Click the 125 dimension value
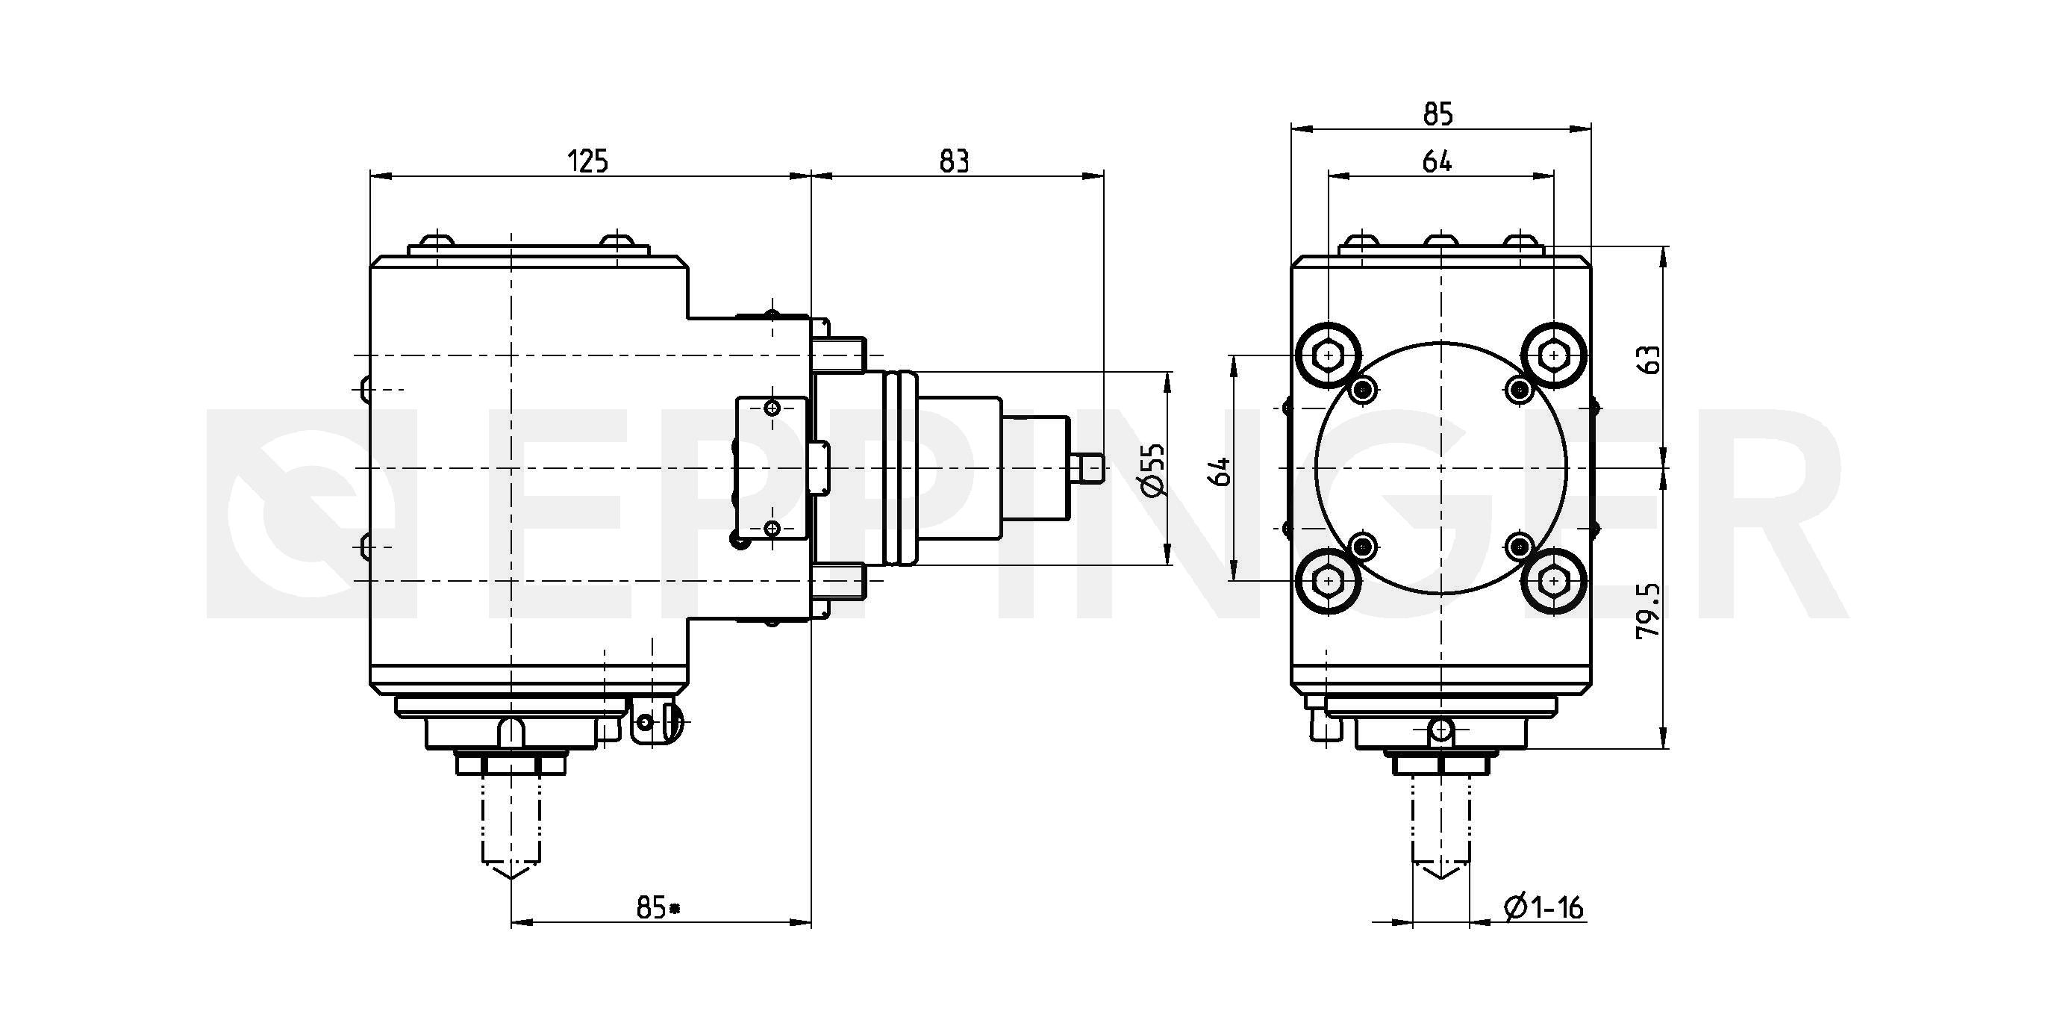tap(587, 161)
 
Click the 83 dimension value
tap(955, 161)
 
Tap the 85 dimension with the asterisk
tap(658, 907)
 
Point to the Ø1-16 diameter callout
tap(1543, 907)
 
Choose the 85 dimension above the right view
tap(1438, 115)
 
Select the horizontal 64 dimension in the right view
tap(1438, 161)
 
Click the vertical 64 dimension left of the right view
tap(1220, 471)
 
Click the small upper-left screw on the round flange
tap(1363, 390)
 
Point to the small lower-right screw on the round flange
tap(1519, 547)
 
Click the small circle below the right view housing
tap(1440, 730)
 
